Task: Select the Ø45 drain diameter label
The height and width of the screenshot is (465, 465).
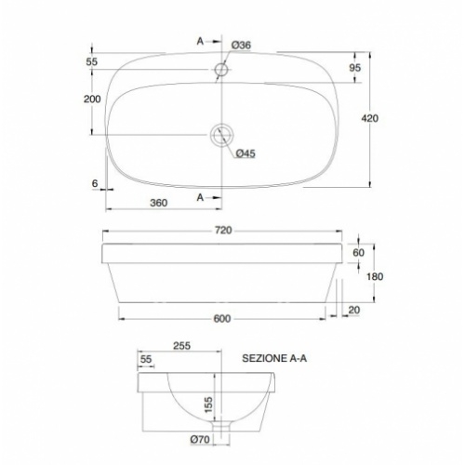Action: click(x=246, y=153)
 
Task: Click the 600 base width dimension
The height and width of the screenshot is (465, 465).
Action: click(x=222, y=318)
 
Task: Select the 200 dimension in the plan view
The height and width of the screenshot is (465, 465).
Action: click(x=92, y=100)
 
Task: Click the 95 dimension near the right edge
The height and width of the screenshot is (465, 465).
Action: click(x=354, y=69)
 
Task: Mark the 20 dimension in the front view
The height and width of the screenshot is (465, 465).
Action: click(x=354, y=310)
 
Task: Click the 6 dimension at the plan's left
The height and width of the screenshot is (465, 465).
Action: click(x=95, y=183)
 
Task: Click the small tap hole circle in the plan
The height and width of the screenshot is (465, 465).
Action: click(x=221, y=69)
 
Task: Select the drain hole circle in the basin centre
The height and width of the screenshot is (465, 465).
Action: click(x=221, y=135)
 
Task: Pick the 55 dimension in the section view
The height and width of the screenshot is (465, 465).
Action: click(x=146, y=358)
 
